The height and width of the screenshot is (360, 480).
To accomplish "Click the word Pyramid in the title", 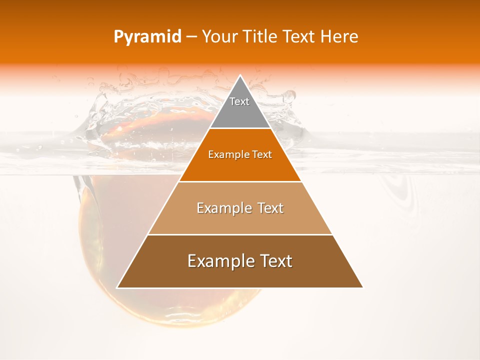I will [x=147, y=37].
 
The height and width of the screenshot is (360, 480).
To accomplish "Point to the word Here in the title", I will [x=339, y=36].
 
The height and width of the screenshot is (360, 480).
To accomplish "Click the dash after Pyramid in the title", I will [x=191, y=37].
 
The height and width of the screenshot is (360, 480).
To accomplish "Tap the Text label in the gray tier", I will [x=239, y=101].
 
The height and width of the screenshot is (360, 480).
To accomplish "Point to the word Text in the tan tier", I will [x=270, y=208].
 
